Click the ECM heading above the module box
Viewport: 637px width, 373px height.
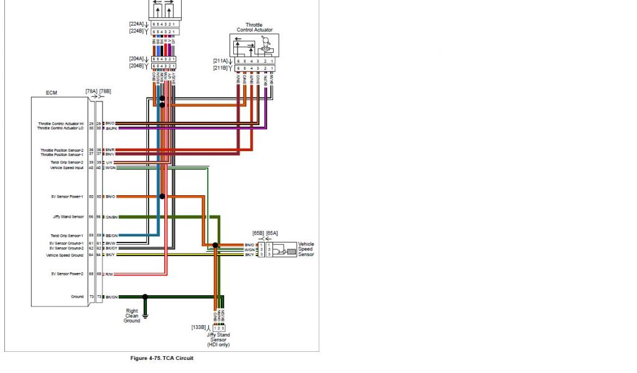click(x=52, y=93)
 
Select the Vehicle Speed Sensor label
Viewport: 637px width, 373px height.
click(x=306, y=249)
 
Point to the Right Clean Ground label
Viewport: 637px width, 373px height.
click(x=132, y=316)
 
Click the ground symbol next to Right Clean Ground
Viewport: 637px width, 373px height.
click(x=145, y=317)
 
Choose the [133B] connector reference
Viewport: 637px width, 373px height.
click(x=200, y=328)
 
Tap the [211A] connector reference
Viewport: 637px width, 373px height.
click(x=221, y=61)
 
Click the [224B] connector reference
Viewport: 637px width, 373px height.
click(x=137, y=30)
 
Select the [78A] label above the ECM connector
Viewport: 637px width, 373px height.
click(x=91, y=91)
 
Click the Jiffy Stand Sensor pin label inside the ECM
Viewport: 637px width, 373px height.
click(x=68, y=217)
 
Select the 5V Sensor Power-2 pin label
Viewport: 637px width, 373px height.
click(x=67, y=274)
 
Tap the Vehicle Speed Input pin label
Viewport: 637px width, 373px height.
click(x=67, y=167)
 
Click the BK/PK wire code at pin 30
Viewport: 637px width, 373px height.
click(x=111, y=129)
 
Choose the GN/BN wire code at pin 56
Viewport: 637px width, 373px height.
click(x=111, y=217)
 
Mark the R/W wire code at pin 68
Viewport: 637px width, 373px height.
click(x=109, y=274)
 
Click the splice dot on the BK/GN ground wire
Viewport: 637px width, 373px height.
click(x=145, y=297)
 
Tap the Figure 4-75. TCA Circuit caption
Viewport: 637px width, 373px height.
click(x=162, y=358)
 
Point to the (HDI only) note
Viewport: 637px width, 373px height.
click(x=218, y=344)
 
